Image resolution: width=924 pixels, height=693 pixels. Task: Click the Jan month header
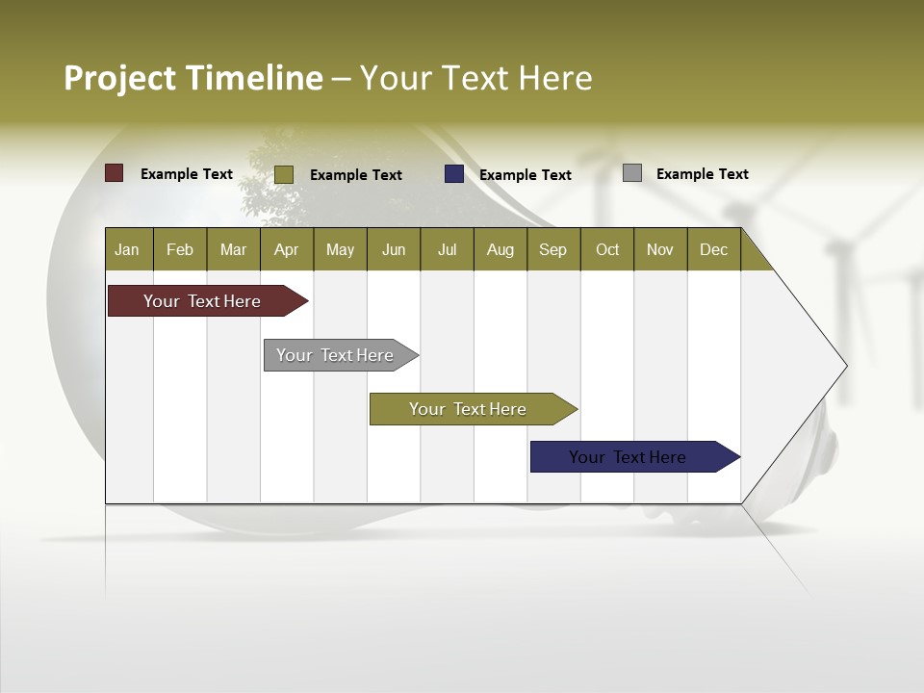[x=127, y=249]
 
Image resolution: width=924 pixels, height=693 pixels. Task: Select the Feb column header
[x=180, y=249]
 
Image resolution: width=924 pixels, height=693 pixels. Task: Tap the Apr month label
[x=286, y=249]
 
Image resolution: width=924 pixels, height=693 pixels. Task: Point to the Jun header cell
[x=394, y=249]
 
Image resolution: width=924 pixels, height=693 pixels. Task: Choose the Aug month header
[x=500, y=249]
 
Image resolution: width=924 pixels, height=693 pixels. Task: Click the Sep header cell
[x=552, y=249]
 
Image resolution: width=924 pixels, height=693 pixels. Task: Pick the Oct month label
[x=607, y=249]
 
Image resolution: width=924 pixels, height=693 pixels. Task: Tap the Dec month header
[x=713, y=249]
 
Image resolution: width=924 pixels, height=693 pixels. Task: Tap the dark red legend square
[x=115, y=173]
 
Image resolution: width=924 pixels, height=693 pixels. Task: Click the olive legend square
[x=284, y=174]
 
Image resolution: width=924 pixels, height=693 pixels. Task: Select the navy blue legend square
[x=454, y=174]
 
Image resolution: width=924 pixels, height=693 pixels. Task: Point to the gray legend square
[x=632, y=173]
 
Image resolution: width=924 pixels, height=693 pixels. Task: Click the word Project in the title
[x=120, y=78]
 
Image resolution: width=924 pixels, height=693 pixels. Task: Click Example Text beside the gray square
[x=702, y=174]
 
